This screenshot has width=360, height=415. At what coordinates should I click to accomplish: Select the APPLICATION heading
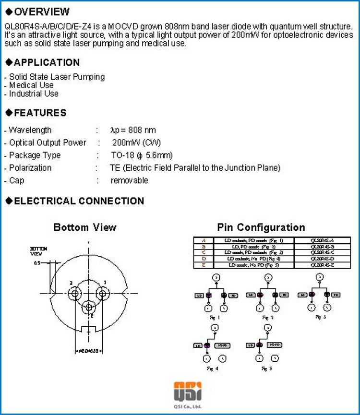[47, 62]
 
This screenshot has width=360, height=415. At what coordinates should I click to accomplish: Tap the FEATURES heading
[40, 113]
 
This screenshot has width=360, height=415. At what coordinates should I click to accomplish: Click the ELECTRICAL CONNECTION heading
[79, 201]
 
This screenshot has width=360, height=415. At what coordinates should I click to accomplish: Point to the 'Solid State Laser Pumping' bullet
[56, 77]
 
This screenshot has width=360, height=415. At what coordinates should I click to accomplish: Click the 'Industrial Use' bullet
[33, 94]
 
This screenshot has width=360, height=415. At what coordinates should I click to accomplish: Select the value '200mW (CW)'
[136, 142]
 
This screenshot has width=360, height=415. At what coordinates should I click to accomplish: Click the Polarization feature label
[30, 168]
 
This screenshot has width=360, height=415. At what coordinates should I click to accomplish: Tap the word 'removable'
[129, 180]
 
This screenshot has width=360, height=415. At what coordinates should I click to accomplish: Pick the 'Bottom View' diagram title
[84, 227]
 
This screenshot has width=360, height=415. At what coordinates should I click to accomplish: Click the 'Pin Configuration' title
[261, 227]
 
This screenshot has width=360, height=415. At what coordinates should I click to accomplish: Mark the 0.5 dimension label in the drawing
[37, 263]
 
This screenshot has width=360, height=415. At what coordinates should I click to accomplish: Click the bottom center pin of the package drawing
[89, 306]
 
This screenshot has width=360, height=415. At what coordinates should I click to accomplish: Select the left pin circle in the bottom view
[74, 293]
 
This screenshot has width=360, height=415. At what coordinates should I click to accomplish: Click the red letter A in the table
[204, 240]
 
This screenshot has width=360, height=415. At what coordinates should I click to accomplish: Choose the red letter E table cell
[204, 264]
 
